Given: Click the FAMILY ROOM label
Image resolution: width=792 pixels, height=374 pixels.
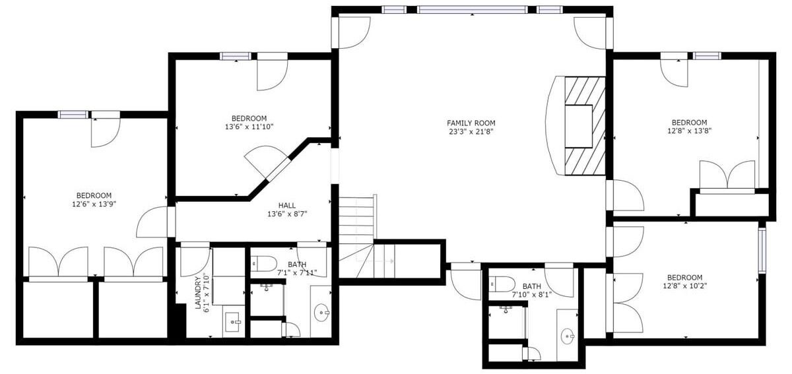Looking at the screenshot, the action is (x=471, y=123).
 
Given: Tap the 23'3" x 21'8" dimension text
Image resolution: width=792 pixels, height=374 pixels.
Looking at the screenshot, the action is (x=471, y=132).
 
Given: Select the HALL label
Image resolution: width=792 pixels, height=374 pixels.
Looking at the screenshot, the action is (x=286, y=205).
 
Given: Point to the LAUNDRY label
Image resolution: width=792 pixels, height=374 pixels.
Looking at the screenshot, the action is (x=199, y=293).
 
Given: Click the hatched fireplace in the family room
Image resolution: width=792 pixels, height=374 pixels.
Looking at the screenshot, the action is (x=585, y=126).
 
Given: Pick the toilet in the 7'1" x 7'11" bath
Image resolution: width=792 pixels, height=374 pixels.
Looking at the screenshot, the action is (x=264, y=263).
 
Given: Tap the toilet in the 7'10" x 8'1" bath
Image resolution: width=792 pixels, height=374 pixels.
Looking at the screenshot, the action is (x=502, y=284).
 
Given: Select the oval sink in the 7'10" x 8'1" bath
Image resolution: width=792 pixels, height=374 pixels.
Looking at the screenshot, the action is (x=568, y=336).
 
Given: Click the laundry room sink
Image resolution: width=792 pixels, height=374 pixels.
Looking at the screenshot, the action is (x=232, y=322).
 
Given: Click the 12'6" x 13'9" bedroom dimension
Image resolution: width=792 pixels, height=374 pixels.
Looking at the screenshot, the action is (x=94, y=204).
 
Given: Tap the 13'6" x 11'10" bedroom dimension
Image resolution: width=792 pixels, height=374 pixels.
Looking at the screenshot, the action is (x=249, y=127).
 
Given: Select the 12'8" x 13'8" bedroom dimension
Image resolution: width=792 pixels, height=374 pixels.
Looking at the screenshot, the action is (x=690, y=131).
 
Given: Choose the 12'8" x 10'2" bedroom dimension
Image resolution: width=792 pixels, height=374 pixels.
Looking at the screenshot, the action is (x=685, y=286).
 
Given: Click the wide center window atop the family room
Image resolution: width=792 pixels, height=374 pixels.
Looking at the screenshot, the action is (x=473, y=10).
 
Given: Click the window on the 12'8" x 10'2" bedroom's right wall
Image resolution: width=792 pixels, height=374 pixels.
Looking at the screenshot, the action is (x=762, y=251).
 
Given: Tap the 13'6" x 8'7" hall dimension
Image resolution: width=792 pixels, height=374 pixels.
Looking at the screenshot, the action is (x=287, y=214).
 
